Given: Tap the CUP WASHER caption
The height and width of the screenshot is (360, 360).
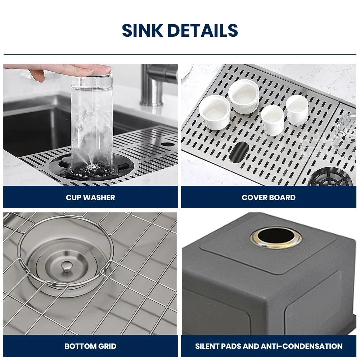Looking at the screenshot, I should [90, 197].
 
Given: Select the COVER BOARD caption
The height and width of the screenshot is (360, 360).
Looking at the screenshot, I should [269, 197].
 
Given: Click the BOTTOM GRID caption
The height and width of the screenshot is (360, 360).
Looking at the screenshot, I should [90, 346].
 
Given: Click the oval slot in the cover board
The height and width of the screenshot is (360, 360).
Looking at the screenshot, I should [239, 152].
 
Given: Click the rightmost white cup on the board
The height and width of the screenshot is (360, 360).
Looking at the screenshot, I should [297, 109].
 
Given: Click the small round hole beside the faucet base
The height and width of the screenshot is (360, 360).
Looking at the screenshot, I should [167, 144].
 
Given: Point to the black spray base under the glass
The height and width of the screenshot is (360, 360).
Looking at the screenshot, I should [92, 169].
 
